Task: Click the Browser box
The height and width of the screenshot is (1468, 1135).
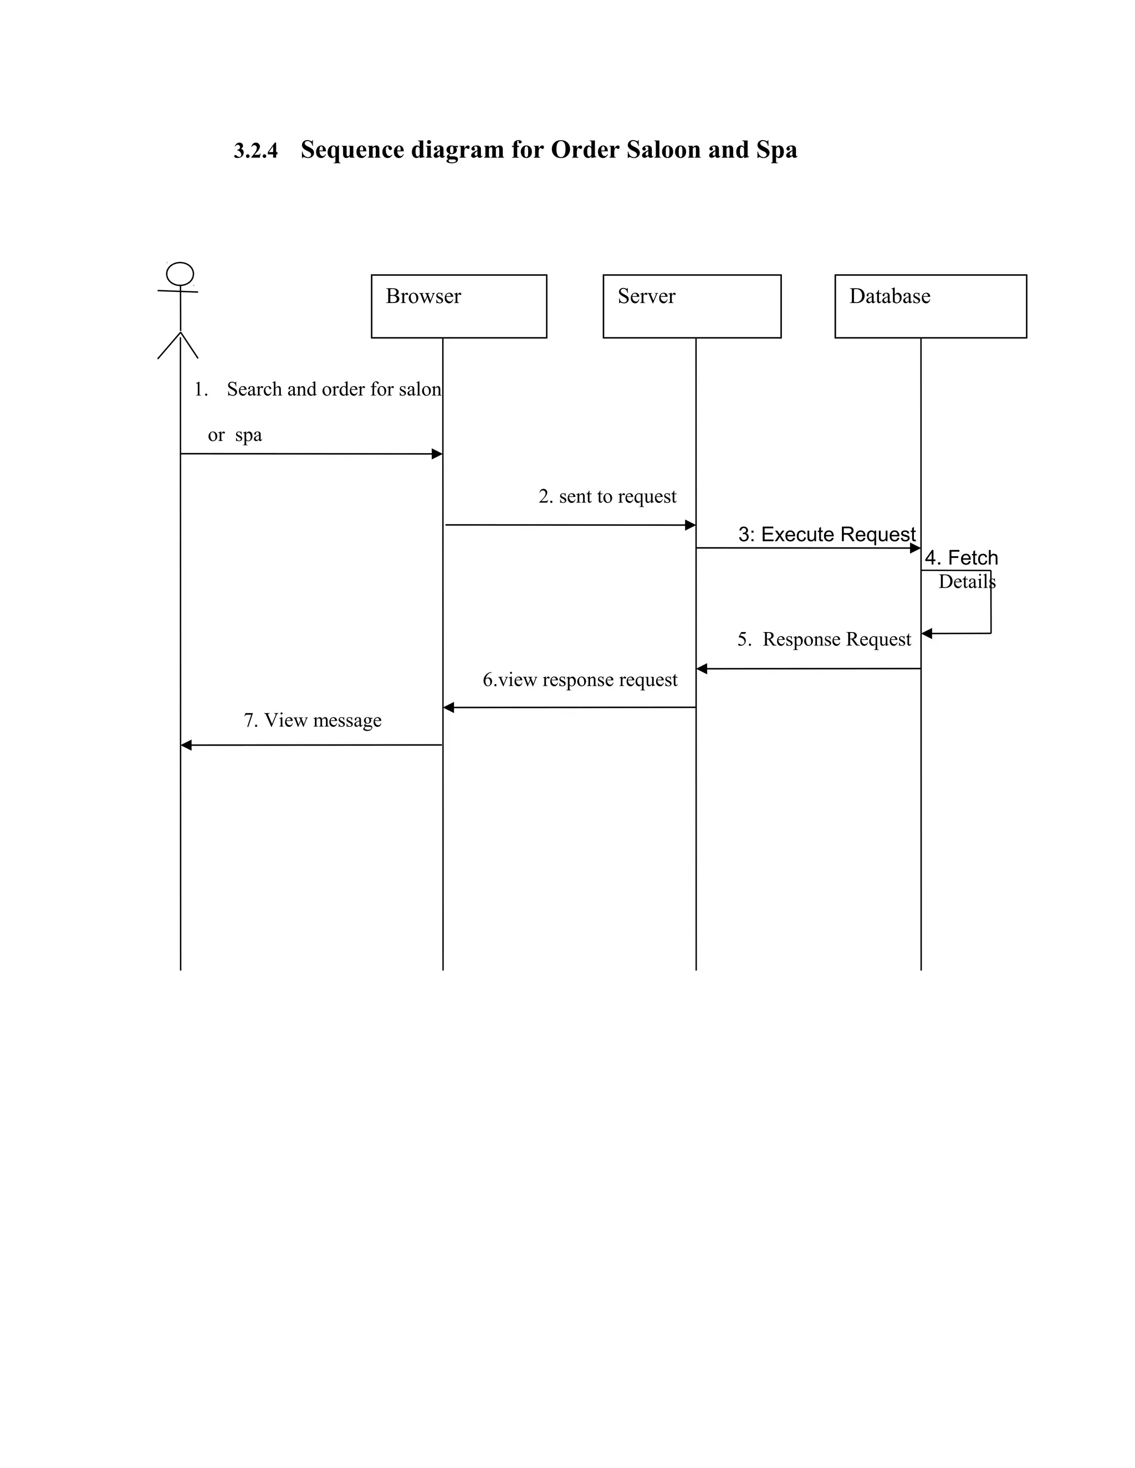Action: click(x=458, y=306)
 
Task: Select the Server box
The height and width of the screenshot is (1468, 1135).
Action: click(x=691, y=306)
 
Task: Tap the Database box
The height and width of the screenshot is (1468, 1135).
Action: click(x=930, y=306)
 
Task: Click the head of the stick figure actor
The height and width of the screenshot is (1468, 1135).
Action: click(x=180, y=274)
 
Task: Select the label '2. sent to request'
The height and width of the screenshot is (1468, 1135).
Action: click(x=607, y=497)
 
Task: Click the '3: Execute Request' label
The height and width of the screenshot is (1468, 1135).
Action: click(x=826, y=535)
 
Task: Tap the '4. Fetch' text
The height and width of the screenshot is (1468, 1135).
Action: click(x=961, y=558)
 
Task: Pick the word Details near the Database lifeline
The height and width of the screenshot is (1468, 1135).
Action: click(x=966, y=582)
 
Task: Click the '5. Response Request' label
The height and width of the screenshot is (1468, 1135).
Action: click(x=824, y=639)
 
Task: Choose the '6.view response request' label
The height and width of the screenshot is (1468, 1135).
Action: click(x=580, y=680)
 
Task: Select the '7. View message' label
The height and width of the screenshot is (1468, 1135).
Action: click(x=313, y=721)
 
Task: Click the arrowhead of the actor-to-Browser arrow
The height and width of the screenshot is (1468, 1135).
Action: click(x=437, y=454)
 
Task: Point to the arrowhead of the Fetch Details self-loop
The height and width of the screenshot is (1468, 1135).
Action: click(x=927, y=634)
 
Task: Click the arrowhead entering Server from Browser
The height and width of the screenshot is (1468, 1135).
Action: click(x=690, y=525)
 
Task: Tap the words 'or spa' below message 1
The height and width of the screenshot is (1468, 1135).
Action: click(x=234, y=435)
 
